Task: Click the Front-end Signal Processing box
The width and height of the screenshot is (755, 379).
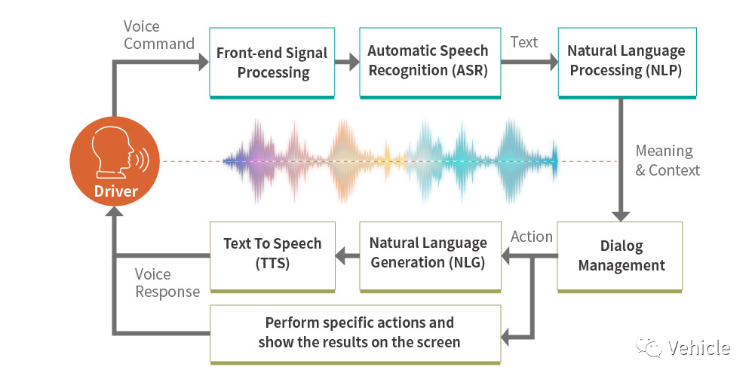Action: [272, 63]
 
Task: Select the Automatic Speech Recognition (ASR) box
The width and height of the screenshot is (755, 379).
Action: [430, 63]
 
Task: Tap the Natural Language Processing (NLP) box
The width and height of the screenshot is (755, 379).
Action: [627, 63]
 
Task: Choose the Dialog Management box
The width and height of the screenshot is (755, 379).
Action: [620, 257]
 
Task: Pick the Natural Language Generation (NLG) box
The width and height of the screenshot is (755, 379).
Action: [430, 257]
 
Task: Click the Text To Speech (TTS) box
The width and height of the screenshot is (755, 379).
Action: [272, 257]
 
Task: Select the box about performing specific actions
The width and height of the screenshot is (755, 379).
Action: [355, 334]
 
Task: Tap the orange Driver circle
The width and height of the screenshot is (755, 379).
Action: [115, 160]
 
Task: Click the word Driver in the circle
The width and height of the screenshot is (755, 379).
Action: [115, 191]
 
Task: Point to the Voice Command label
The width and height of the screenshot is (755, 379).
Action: [159, 35]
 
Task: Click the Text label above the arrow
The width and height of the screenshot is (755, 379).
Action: [524, 42]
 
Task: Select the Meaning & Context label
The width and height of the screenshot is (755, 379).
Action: [668, 160]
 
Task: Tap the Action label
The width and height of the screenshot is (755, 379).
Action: [532, 237]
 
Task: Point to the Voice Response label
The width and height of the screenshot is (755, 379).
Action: [167, 283]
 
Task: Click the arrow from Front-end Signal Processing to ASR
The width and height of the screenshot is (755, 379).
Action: [347, 62]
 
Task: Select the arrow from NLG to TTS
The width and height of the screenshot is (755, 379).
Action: [347, 256]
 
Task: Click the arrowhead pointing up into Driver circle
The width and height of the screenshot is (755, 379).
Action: [115, 212]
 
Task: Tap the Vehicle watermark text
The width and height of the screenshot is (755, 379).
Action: [698, 347]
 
